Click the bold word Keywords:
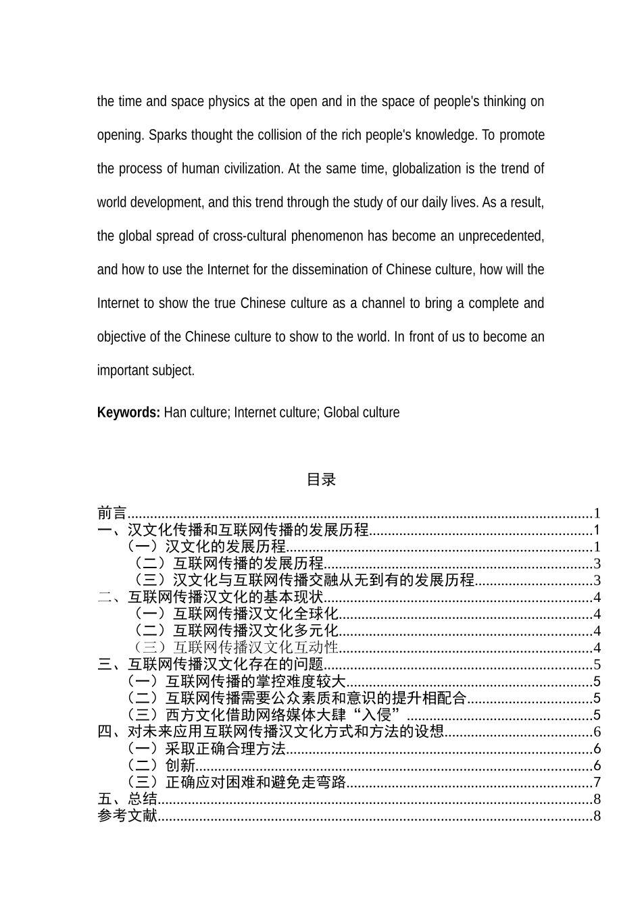[x=128, y=412]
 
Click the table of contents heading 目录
[x=321, y=480]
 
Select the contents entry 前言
[x=112, y=513]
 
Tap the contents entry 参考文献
[x=127, y=816]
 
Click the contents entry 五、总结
[x=127, y=799]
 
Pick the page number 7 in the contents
[x=597, y=782]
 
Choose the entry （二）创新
[x=162, y=765]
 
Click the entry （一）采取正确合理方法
[x=206, y=749]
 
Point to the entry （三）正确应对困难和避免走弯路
[x=237, y=782]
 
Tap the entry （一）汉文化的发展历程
[x=206, y=547]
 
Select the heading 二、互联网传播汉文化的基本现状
[x=210, y=597]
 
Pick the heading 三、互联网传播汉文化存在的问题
[x=210, y=665]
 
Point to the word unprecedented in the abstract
[x=501, y=236]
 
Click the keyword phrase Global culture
[x=362, y=412]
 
